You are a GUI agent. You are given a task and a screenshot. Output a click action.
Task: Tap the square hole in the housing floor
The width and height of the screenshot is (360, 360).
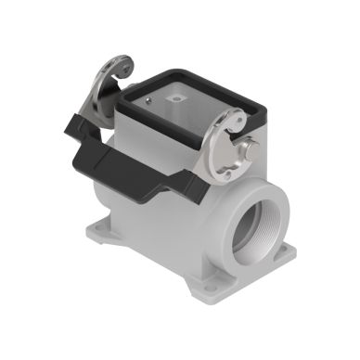(174, 95)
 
